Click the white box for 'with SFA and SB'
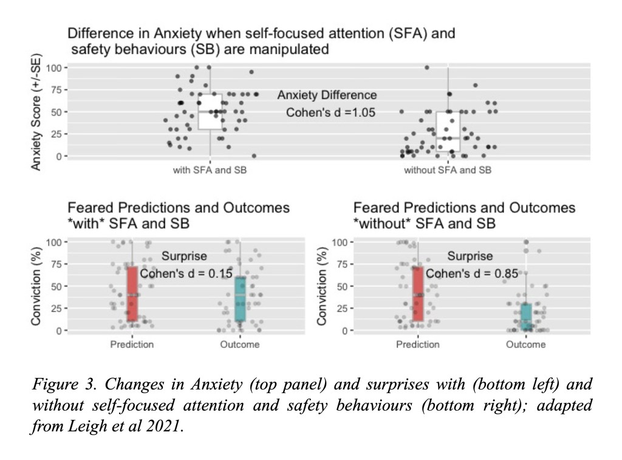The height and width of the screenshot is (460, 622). (x=210, y=111)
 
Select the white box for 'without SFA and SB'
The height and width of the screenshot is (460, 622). (x=448, y=131)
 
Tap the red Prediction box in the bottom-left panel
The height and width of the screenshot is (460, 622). (x=132, y=294)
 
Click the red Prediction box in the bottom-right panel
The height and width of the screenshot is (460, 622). (x=417, y=294)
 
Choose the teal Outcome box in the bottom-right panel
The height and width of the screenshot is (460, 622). (x=525, y=317)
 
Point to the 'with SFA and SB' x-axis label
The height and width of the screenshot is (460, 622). (x=210, y=171)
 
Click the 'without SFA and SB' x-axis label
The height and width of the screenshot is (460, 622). (x=448, y=171)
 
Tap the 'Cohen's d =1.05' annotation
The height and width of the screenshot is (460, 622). (x=331, y=112)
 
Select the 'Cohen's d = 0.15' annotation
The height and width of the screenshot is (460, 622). (x=186, y=274)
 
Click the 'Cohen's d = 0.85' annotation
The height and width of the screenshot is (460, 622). (x=472, y=274)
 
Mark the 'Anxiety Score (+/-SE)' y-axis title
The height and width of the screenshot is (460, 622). (x=36, y=114)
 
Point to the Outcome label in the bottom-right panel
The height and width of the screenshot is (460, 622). (x=525, y=345)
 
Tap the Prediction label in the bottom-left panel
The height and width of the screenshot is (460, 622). (x=132, y=345)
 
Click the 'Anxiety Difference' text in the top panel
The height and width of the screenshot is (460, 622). (x=327, y=95)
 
